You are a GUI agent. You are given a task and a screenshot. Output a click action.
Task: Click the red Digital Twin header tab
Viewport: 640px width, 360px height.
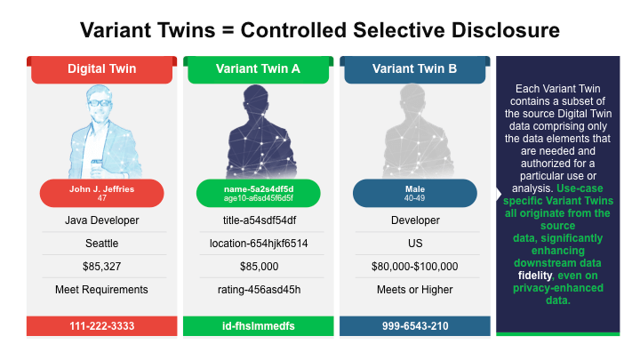(x=101, y=69)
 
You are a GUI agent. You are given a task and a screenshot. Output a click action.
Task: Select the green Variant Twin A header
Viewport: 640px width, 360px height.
(x=258, y=69)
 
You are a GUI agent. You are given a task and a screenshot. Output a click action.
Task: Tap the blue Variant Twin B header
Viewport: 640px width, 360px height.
(x=415, y=69)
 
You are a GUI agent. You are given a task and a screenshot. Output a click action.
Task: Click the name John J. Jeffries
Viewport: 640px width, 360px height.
(x=101, y=189)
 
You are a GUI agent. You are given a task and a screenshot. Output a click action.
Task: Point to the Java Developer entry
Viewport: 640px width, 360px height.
(x=101, y=220)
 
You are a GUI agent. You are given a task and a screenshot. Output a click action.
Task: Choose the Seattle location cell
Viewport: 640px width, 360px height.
(x=101, y=244)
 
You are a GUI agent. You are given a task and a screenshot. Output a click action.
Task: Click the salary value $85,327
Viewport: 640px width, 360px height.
(x=101, y=267)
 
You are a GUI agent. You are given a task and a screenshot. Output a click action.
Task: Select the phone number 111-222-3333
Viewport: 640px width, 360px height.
(x=101, y=326)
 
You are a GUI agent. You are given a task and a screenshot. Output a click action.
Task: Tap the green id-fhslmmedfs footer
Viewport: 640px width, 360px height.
(x=259, y=326)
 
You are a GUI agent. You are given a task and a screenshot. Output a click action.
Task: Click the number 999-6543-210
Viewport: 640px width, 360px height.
(x=415, y=326)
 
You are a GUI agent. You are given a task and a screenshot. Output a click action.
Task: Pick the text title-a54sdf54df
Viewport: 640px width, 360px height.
(x=260, y=220)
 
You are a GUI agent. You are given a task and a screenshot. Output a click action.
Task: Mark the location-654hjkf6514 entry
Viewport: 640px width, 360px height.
(x=259, y=244)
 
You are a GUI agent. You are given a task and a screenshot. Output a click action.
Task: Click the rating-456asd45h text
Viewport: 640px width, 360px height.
(x=259, y=290)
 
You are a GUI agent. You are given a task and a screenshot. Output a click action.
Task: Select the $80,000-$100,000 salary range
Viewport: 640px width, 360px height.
(x=415, y=267)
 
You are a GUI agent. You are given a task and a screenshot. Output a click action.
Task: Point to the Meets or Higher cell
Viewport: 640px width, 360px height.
(x=415, y=290)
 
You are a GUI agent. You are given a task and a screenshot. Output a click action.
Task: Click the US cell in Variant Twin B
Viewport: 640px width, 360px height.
(x=415, y=244)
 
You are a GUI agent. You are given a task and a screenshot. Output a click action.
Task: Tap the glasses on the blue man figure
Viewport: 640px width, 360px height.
(x=100, y=102)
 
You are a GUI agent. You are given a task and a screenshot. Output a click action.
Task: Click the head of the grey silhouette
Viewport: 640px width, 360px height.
(x=412, y=100)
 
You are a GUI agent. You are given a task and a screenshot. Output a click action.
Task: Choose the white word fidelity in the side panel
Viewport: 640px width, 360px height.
(x=535, y=276)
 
